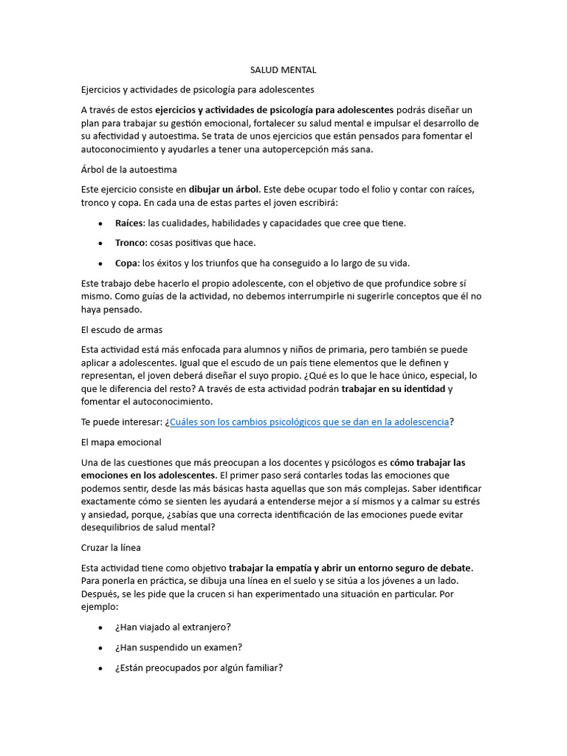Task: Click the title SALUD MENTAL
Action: click(283, 70)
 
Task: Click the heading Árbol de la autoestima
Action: click(128, 170)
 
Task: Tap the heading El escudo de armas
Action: click(121, 329)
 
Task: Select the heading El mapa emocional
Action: click(120, 442)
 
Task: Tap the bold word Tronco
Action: click(131, 243)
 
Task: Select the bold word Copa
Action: click(126, 263)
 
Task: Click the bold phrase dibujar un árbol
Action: click(224, 190)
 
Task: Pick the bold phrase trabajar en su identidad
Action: click(394, 389)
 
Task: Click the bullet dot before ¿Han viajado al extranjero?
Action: click(100, 628)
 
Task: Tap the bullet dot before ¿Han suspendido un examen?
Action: click(100, 647)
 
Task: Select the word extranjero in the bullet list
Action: click(205, 628)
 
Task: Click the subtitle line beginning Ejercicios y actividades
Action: click(197, 90)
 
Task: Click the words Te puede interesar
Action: click(122, 422)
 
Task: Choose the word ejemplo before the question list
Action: click(100, 608)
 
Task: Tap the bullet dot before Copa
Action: click(100, 264)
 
